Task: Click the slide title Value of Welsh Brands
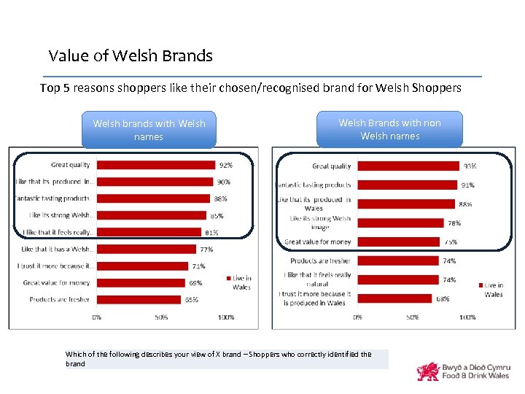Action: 131,55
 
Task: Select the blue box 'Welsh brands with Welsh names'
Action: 149,130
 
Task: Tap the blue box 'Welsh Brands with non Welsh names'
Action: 389,129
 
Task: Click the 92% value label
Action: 226,166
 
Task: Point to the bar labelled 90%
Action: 155,182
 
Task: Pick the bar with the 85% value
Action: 152,215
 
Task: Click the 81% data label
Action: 211,233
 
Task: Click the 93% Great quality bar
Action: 408,166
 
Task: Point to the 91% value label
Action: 467,185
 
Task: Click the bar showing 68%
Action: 394,298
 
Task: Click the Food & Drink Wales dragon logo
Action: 428,371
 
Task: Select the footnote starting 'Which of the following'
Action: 219,358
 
